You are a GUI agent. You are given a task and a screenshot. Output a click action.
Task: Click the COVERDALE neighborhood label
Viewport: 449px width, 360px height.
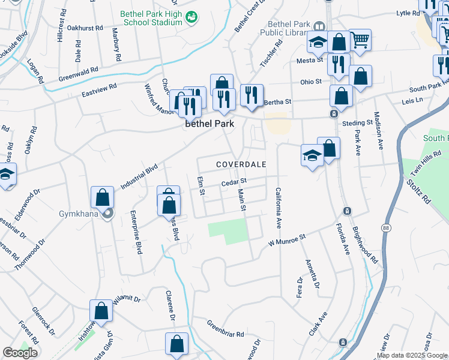[241, 164]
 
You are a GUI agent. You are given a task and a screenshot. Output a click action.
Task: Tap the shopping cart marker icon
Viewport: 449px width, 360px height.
[360, 40]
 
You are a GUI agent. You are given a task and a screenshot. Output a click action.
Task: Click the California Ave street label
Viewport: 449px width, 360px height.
[279, 208]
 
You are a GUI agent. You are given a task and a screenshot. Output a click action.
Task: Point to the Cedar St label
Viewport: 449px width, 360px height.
[234, 181]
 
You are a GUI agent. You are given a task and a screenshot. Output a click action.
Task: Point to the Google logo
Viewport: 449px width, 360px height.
[20, 353]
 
